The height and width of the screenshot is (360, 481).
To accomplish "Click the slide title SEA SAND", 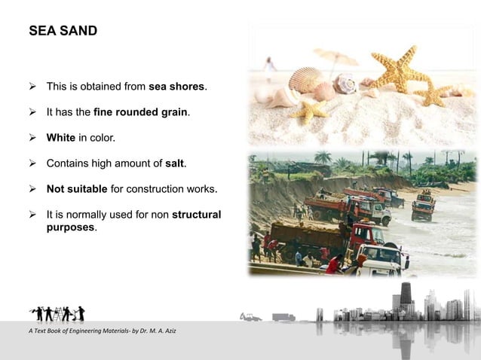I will (63, 32).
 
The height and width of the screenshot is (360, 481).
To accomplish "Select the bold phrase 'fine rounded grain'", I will (141, 112).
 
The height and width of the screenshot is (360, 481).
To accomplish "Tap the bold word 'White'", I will (61, 138).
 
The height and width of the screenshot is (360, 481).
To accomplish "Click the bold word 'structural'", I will (196, 214).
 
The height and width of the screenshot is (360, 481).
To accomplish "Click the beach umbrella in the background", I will (335, 57).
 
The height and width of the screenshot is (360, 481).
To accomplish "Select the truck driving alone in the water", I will (423, 205).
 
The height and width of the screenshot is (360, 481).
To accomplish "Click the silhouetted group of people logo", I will (57, 312).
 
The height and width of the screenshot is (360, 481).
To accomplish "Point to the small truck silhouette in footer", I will (283, 317).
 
